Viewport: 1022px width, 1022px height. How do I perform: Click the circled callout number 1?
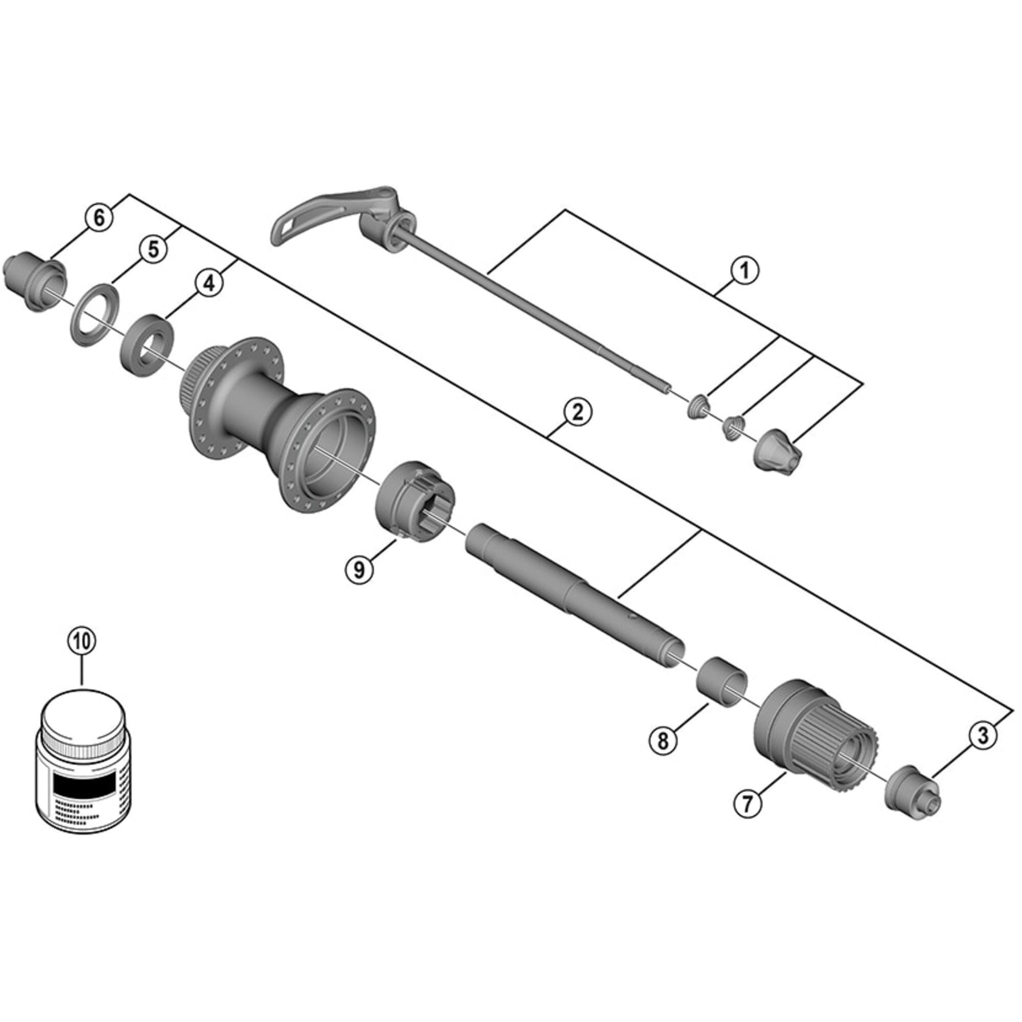(x=744, y=271)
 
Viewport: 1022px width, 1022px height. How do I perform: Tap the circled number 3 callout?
(x=983, y=735)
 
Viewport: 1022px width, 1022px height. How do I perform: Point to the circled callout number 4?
(x=210, y=284)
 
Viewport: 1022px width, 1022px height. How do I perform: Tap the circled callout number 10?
(x=82, y=641)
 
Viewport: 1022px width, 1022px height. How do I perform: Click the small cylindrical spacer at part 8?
(x=722, y=681)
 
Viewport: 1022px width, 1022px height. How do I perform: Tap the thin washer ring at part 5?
(x=94, y=315)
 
